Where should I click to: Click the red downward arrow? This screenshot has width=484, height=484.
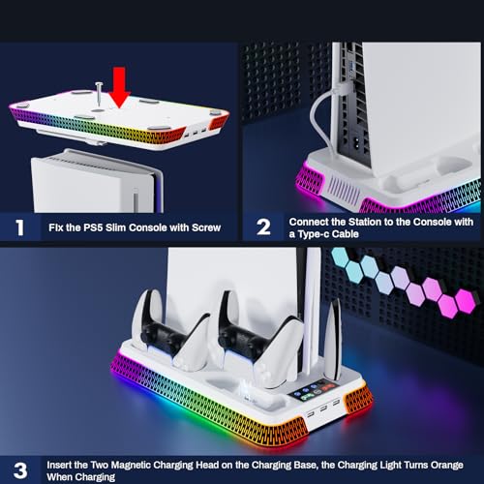[x=119, y=87]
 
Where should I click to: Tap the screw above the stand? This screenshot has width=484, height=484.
[x=99, y=94]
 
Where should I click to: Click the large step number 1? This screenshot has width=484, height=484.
[x=20, y=227]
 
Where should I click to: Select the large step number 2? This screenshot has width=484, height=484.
[x=263, y=227]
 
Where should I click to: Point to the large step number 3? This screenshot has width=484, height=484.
[x=20, y=470]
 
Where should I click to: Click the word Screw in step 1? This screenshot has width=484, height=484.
[x=206, y=227]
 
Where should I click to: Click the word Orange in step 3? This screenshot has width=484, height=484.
[x=446, y=465]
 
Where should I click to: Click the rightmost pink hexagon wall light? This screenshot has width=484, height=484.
[x=466, y=301]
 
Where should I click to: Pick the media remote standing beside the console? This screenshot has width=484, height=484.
[x=333, y=339]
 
